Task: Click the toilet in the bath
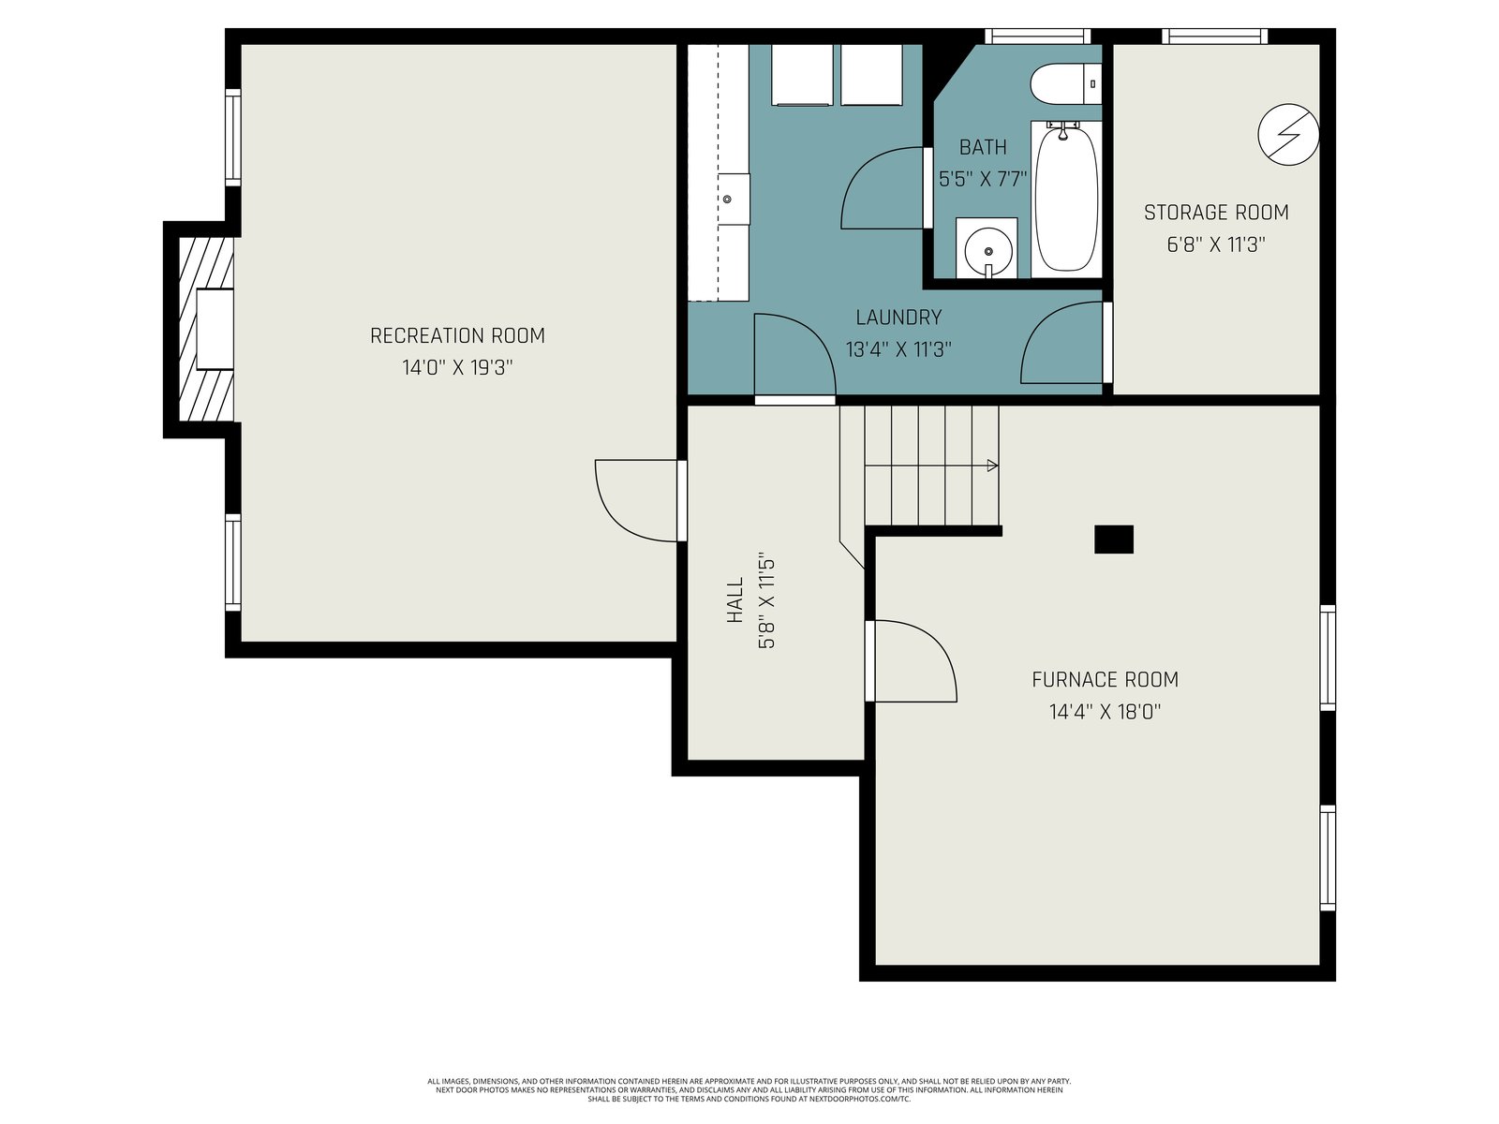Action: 1064,84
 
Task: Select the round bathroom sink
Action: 987,250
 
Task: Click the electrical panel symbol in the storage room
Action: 1288,135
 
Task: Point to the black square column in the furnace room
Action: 1114,540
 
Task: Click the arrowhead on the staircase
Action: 993,466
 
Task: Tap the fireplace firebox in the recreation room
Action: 215,330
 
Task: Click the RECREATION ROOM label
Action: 457,335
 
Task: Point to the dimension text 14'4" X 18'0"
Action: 1105,713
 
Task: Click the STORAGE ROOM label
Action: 1216,213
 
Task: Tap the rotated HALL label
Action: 735,599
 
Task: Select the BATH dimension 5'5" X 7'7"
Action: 983,180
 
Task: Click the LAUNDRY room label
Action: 898,318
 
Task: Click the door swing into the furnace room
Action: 913,660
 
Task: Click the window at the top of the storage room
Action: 1215,37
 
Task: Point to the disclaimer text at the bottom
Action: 749,1090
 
